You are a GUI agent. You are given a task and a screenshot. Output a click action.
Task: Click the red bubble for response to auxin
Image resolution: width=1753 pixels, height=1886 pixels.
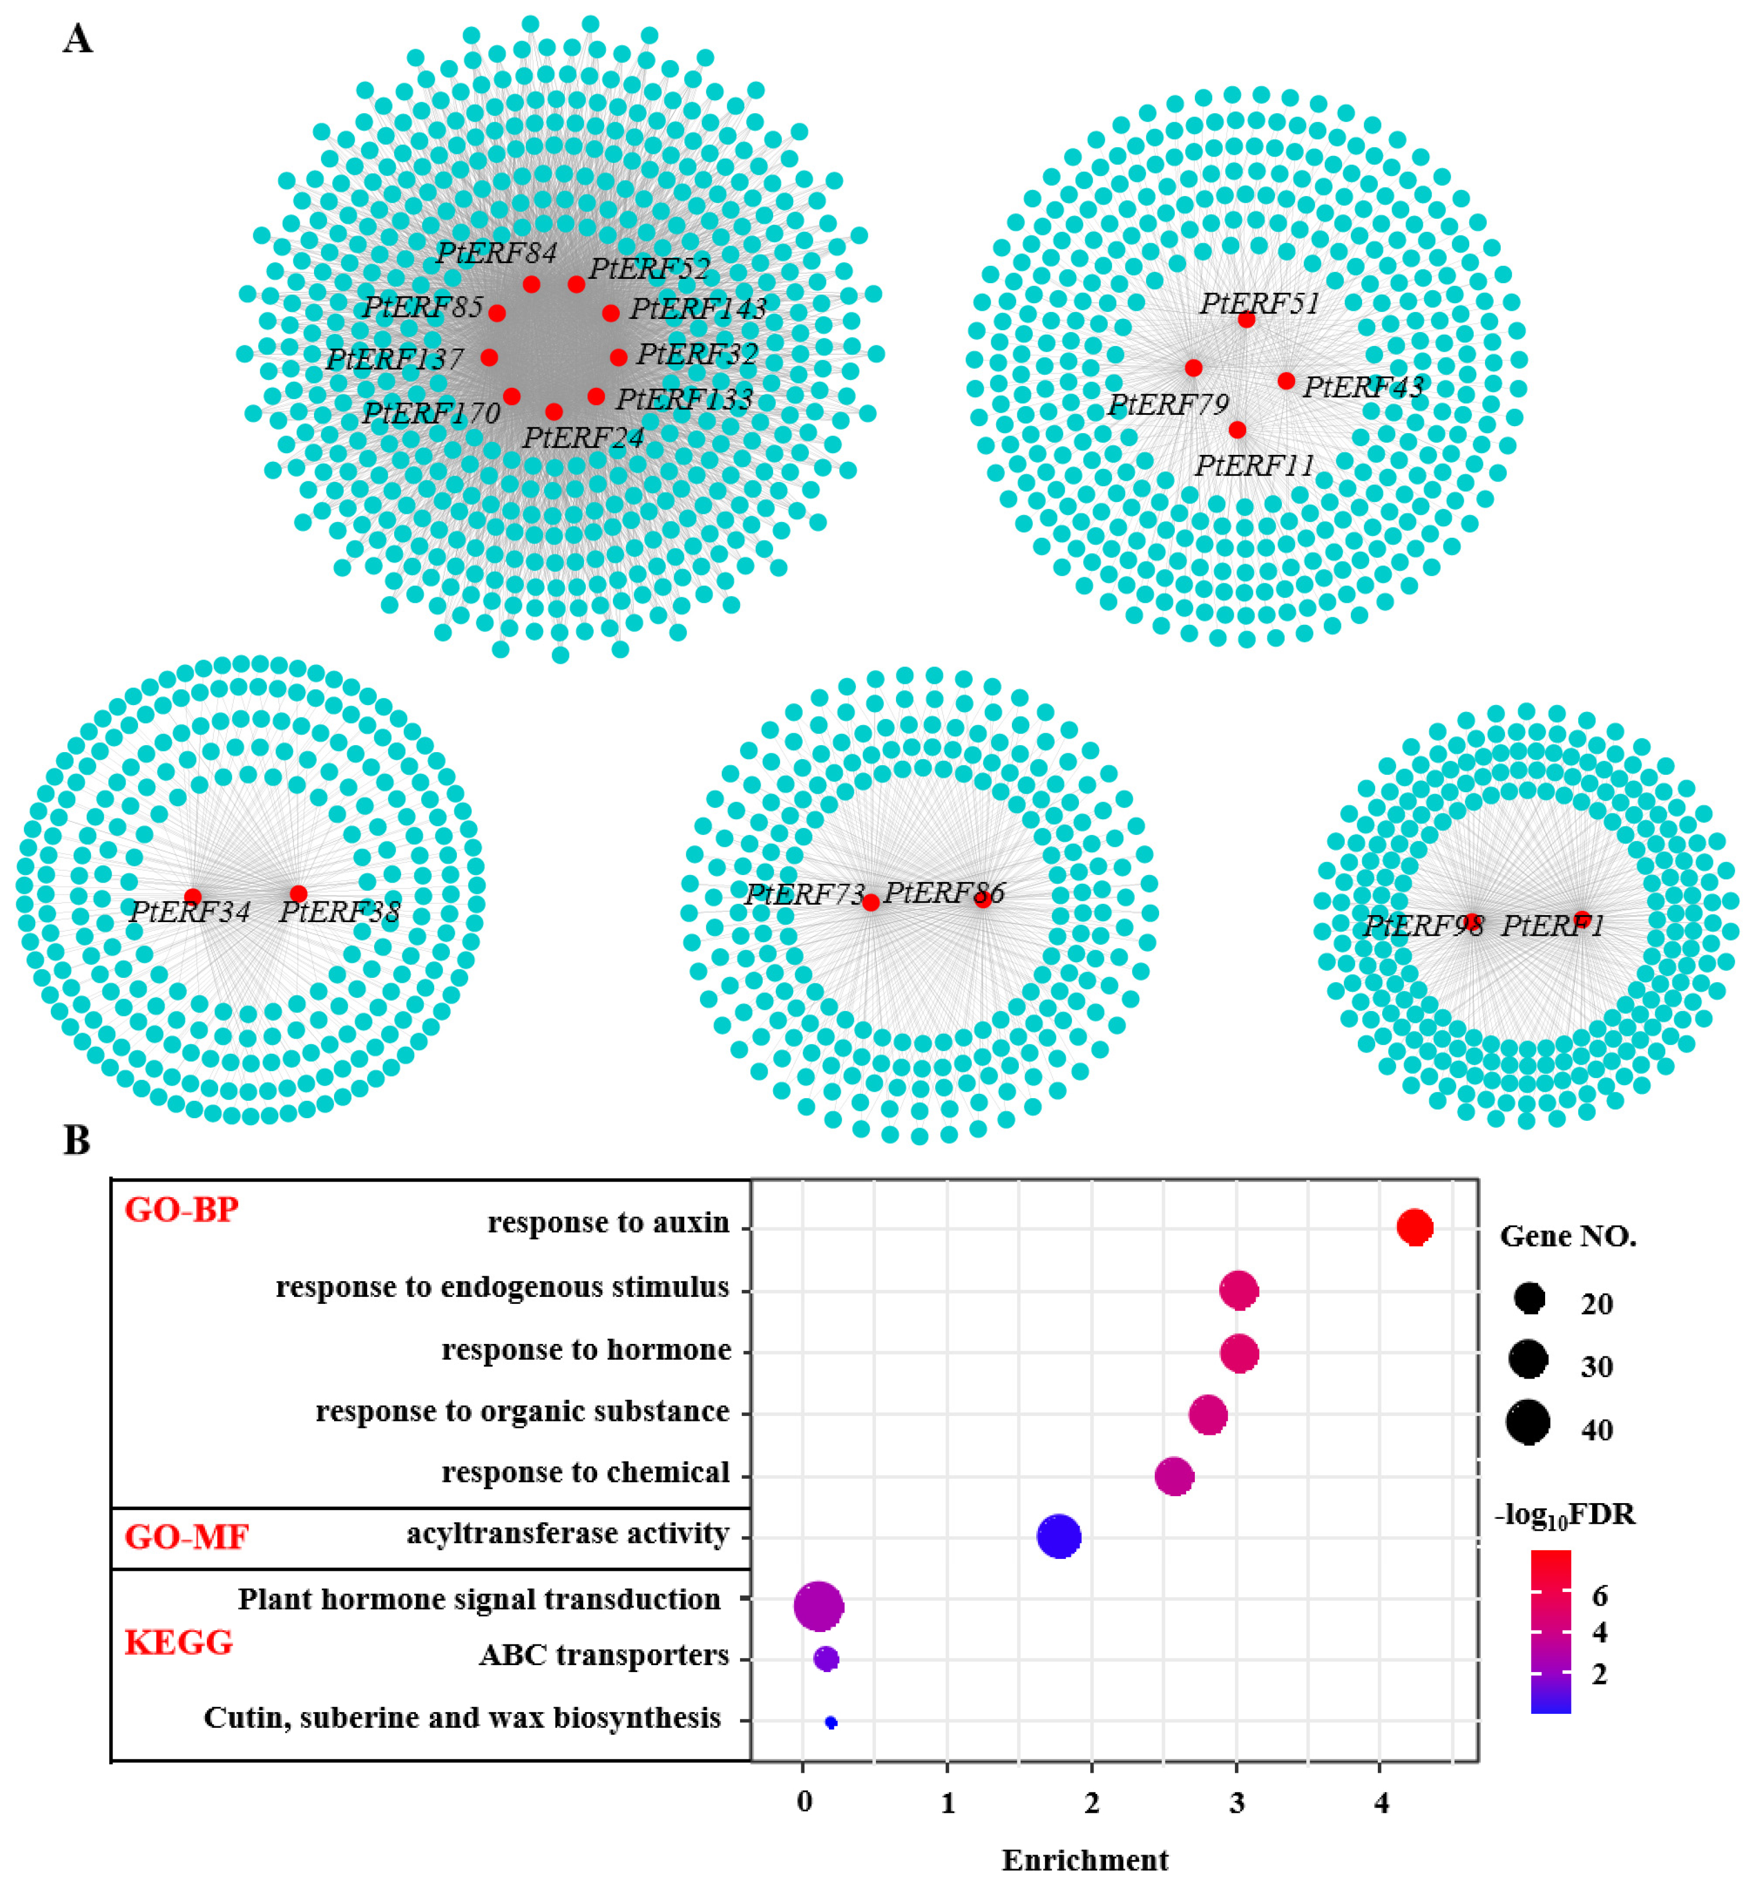(x=1414, y=1226)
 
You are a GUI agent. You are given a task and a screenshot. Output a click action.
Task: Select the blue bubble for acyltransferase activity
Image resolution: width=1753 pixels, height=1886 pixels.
(x=1058, y=1536)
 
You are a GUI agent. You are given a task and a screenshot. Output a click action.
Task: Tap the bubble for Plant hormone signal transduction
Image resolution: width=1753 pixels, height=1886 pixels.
(x=817, y=1606)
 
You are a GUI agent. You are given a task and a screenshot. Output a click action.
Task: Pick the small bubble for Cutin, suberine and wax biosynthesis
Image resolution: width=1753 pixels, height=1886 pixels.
(x=831, y=1722)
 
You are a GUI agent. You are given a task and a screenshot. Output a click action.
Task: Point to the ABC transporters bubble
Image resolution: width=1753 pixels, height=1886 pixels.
(x=825, y=1659)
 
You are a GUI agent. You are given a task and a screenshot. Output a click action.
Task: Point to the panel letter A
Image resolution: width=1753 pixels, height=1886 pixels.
(x=78, y=40)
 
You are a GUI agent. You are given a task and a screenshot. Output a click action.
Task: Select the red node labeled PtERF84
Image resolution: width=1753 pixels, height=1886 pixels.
(x=531, y=284)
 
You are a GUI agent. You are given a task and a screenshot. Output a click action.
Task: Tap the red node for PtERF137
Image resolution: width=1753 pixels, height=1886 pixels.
(x=488, y=357)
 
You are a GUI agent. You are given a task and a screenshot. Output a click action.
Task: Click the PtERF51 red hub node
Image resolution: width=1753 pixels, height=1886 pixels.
(x=1246, y=319)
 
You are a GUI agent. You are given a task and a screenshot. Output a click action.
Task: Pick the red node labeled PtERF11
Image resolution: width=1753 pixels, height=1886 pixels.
(x=1237, y=430)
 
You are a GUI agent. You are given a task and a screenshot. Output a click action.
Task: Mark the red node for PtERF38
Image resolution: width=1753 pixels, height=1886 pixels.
(x=298, y=893)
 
